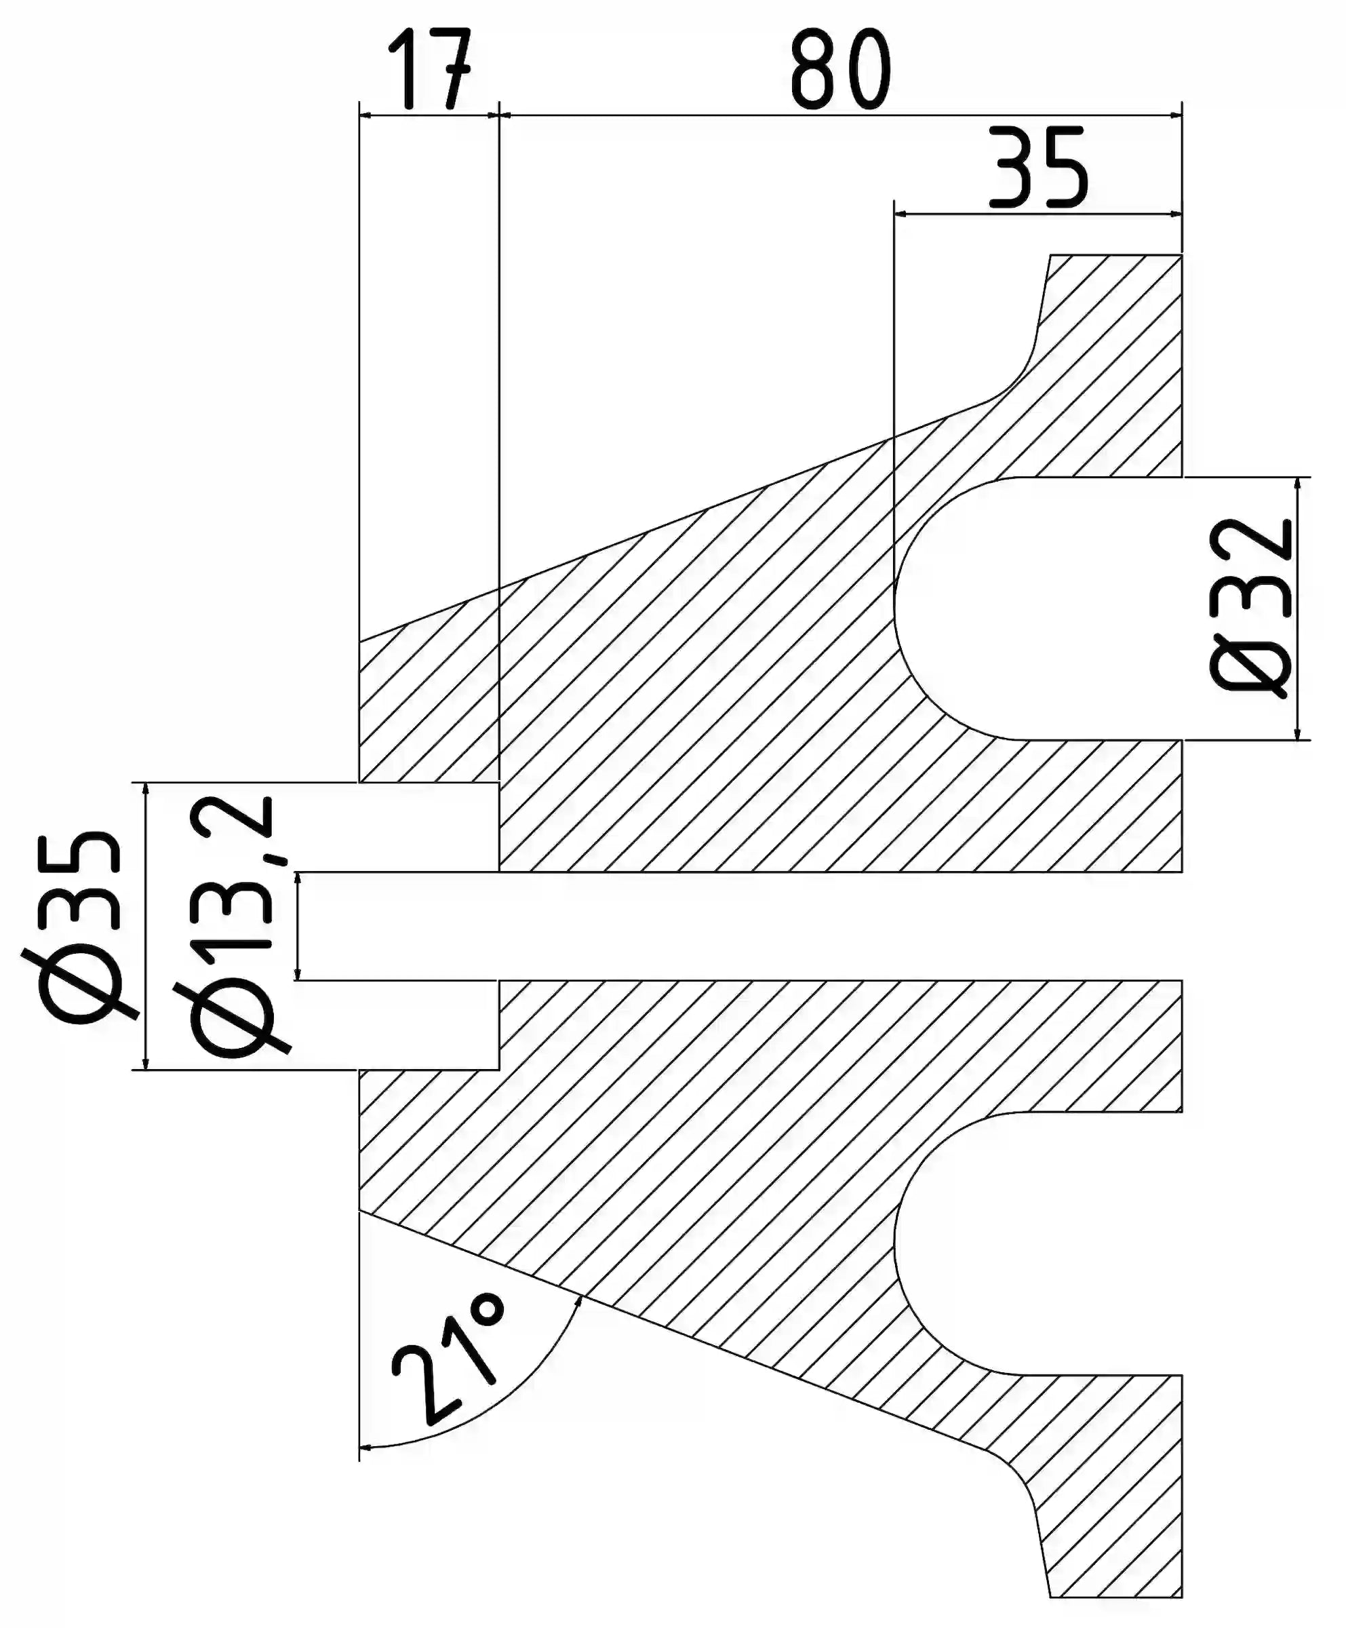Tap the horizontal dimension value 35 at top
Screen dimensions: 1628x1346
pyautogui.click(x=1038, y=170)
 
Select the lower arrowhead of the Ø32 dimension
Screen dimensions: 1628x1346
pyautogui.click(x=1298, y=731)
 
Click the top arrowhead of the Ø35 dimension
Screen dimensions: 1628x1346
pyautogui.click(x=145, y=791)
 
